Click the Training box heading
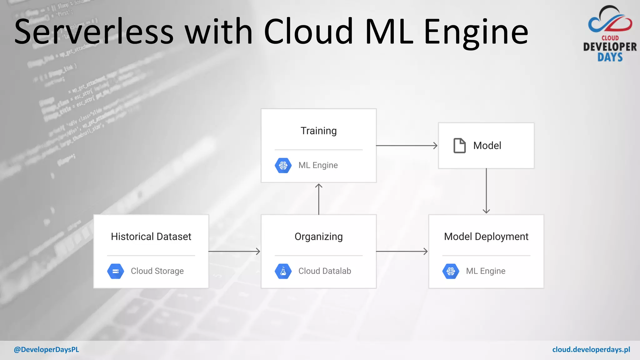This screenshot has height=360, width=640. [318, 131]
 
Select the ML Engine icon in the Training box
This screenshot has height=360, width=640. [283, 165]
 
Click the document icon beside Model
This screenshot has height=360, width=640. [459, 146]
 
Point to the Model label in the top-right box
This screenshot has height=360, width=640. [487, 146]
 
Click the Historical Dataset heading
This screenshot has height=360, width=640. [151, 237]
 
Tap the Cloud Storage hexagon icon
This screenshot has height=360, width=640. [116, 271]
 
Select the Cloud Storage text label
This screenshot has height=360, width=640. [157, 271]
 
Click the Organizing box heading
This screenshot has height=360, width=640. [318, 237]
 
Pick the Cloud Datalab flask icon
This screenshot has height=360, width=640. [283, 271]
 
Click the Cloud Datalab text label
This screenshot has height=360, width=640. [325, 271]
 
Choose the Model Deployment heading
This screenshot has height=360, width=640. [486, 237]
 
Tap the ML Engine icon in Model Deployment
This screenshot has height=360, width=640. [451, 271]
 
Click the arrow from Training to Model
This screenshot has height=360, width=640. [407, 146]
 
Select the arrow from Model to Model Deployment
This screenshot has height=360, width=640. [486, 191]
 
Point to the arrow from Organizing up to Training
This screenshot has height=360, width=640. [319, 199]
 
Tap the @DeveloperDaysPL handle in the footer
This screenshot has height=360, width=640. [46, 350]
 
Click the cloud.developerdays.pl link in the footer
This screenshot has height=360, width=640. [591, 350]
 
